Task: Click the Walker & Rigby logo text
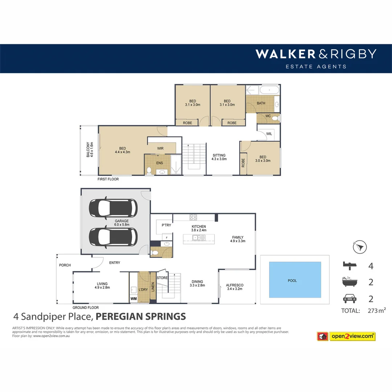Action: (x=315, y=54)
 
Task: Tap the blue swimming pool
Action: (x=295, y=280)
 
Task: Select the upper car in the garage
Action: (x=113, y=208)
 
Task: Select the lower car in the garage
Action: (x=113, y=237)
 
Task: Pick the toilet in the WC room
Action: (x=275, y=118)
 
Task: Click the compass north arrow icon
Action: (x=359, y=248)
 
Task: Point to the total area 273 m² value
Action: (x=376, y=310)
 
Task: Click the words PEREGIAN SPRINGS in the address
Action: (x=141, y=316)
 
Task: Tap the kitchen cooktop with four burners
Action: (x=193, y=217)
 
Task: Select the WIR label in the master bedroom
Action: (x=160, y=148)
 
